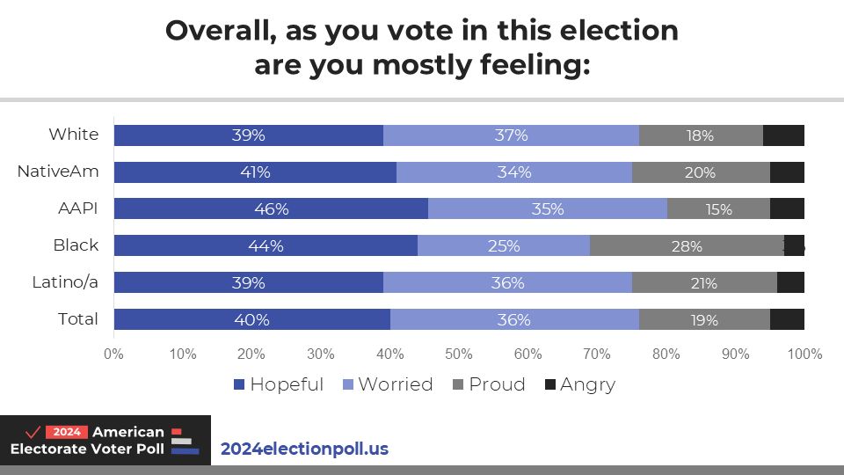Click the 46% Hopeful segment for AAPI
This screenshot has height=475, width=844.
tap(271, 208)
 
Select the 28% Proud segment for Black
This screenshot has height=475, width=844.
tap(686, 245)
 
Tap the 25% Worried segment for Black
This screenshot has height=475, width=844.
tap(503, 245)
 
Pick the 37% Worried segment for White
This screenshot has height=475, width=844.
tap(511, 135)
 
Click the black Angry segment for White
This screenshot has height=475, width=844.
tap(783, 135)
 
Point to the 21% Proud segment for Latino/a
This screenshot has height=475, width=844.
tap(704, 282)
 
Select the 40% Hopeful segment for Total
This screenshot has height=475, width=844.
tap(251, 319)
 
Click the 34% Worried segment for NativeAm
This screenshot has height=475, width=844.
tap(513, 172)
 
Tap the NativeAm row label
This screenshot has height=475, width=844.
tap(58, 172)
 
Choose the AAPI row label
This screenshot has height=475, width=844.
tap(76, 208)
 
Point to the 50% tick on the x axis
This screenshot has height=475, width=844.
tap(459, 354)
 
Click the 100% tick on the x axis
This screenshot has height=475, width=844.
tap(804, 354)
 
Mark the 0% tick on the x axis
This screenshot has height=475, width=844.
tap(113, 354)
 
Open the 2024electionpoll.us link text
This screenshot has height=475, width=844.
tap(304, 449)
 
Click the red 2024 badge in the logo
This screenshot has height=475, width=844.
tap(67, 432)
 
